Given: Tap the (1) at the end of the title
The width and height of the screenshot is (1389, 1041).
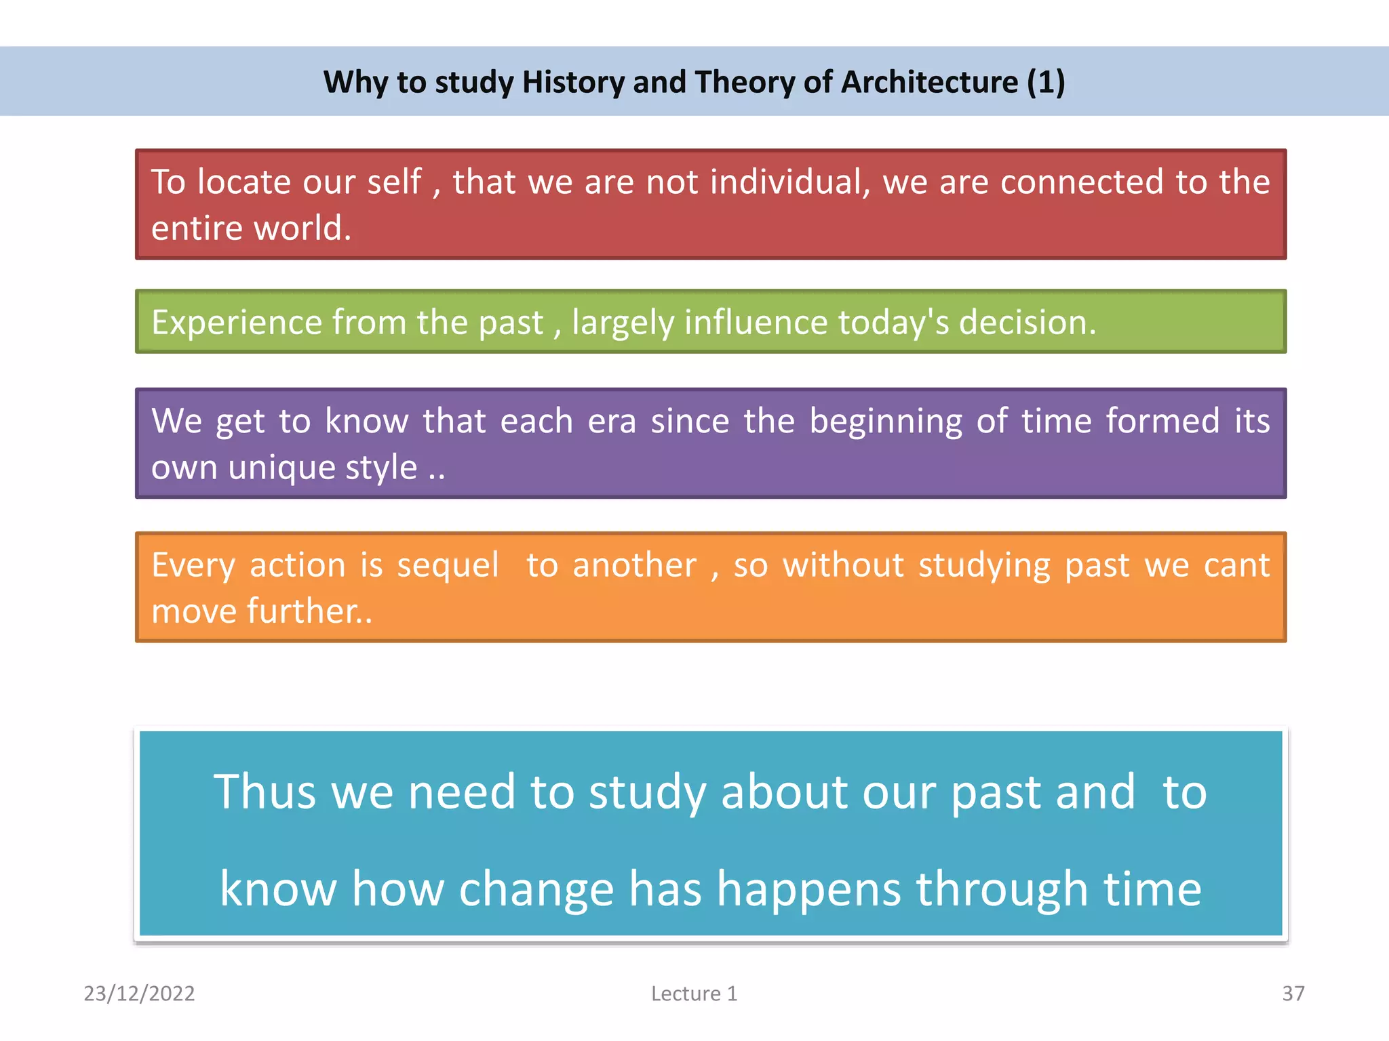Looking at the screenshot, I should [1046, 82].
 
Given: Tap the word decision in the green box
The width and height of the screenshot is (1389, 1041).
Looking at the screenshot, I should [1027, 322].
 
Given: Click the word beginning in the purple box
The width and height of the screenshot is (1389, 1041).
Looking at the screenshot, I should [886, 422].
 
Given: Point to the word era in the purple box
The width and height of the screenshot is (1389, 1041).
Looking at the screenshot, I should [612, 422].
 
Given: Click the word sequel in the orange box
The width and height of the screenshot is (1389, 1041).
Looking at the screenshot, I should [448, 565].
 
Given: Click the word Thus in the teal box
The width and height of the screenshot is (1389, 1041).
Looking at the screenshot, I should [265, 792].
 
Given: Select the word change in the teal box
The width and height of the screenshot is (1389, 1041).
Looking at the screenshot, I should [536, 889].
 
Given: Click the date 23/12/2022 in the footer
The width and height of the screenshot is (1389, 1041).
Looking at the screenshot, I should [139, 994].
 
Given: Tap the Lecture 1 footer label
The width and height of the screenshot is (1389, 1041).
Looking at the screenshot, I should [694, 994].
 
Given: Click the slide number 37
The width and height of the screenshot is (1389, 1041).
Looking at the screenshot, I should [1293, 994].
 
